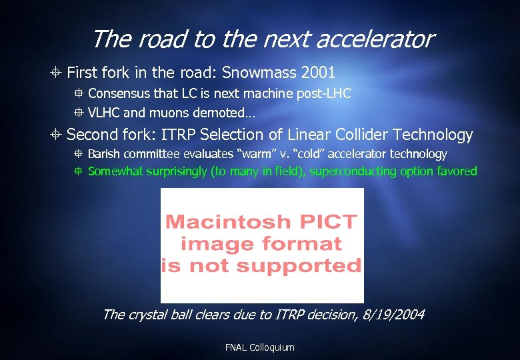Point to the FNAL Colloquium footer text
(260, 347)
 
